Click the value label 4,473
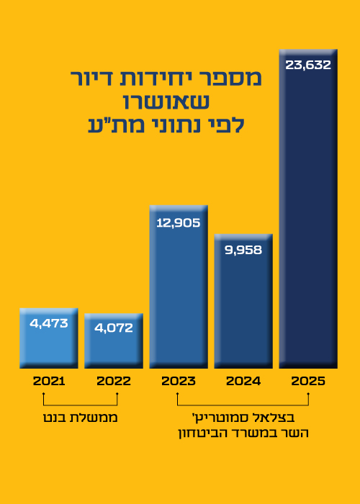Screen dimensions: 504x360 click(x=49, y=323)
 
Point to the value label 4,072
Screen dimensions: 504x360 click(x=114, y=328)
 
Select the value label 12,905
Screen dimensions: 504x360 click(x=179, y=222)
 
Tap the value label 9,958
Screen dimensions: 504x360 click(x=243, y=251)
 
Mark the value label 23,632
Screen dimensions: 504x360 click(x=308, y=66)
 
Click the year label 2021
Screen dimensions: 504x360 click(x=49, y=381)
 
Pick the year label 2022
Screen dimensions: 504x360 click(x=114, y=381)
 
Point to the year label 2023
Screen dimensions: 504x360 click(x=179, y=381)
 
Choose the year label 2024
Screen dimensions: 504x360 click(x=243, y=381)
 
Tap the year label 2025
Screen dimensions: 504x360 click(x=308, y=381)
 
